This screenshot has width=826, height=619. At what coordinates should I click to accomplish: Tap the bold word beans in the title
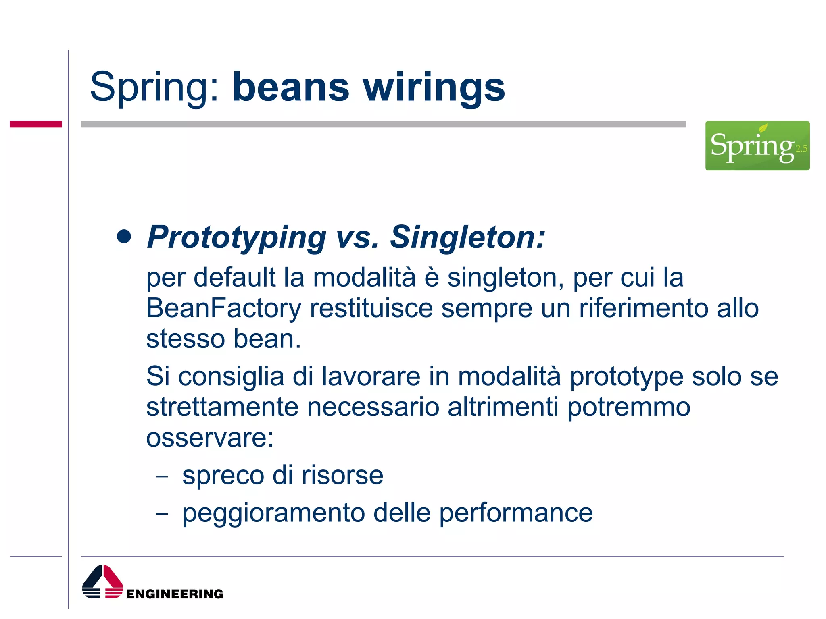click(x=290, y=87)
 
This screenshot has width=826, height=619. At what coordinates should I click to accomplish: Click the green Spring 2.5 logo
click(x=757, y=145)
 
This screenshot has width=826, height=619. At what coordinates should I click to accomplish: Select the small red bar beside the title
click(x=35, y=124)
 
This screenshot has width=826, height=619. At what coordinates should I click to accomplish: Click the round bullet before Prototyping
click(x=124, y=237)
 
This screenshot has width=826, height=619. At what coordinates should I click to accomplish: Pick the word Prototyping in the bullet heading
click(x=236, y=238)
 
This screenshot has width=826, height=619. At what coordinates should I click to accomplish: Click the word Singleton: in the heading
click(x=467, y=237)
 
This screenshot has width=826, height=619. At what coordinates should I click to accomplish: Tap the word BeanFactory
click(x=223, y=308)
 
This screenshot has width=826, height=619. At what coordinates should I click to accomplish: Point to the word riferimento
click(x=644, y=308)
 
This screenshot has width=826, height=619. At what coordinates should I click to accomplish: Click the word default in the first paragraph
click(x=234, y=278)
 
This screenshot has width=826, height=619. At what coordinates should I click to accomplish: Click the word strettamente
click(x=222, y=407)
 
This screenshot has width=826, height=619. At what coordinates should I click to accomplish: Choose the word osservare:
click(x=210, y=438)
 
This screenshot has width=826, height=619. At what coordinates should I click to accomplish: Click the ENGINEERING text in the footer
click(x=174, y=594)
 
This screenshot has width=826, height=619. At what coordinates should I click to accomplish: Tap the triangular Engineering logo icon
click(x=102, y=582)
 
